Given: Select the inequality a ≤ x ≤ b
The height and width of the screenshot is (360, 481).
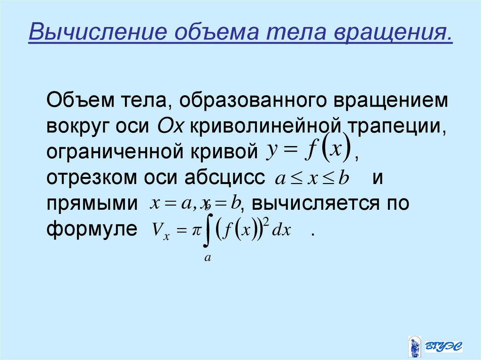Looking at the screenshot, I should click(x=311, y=180).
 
